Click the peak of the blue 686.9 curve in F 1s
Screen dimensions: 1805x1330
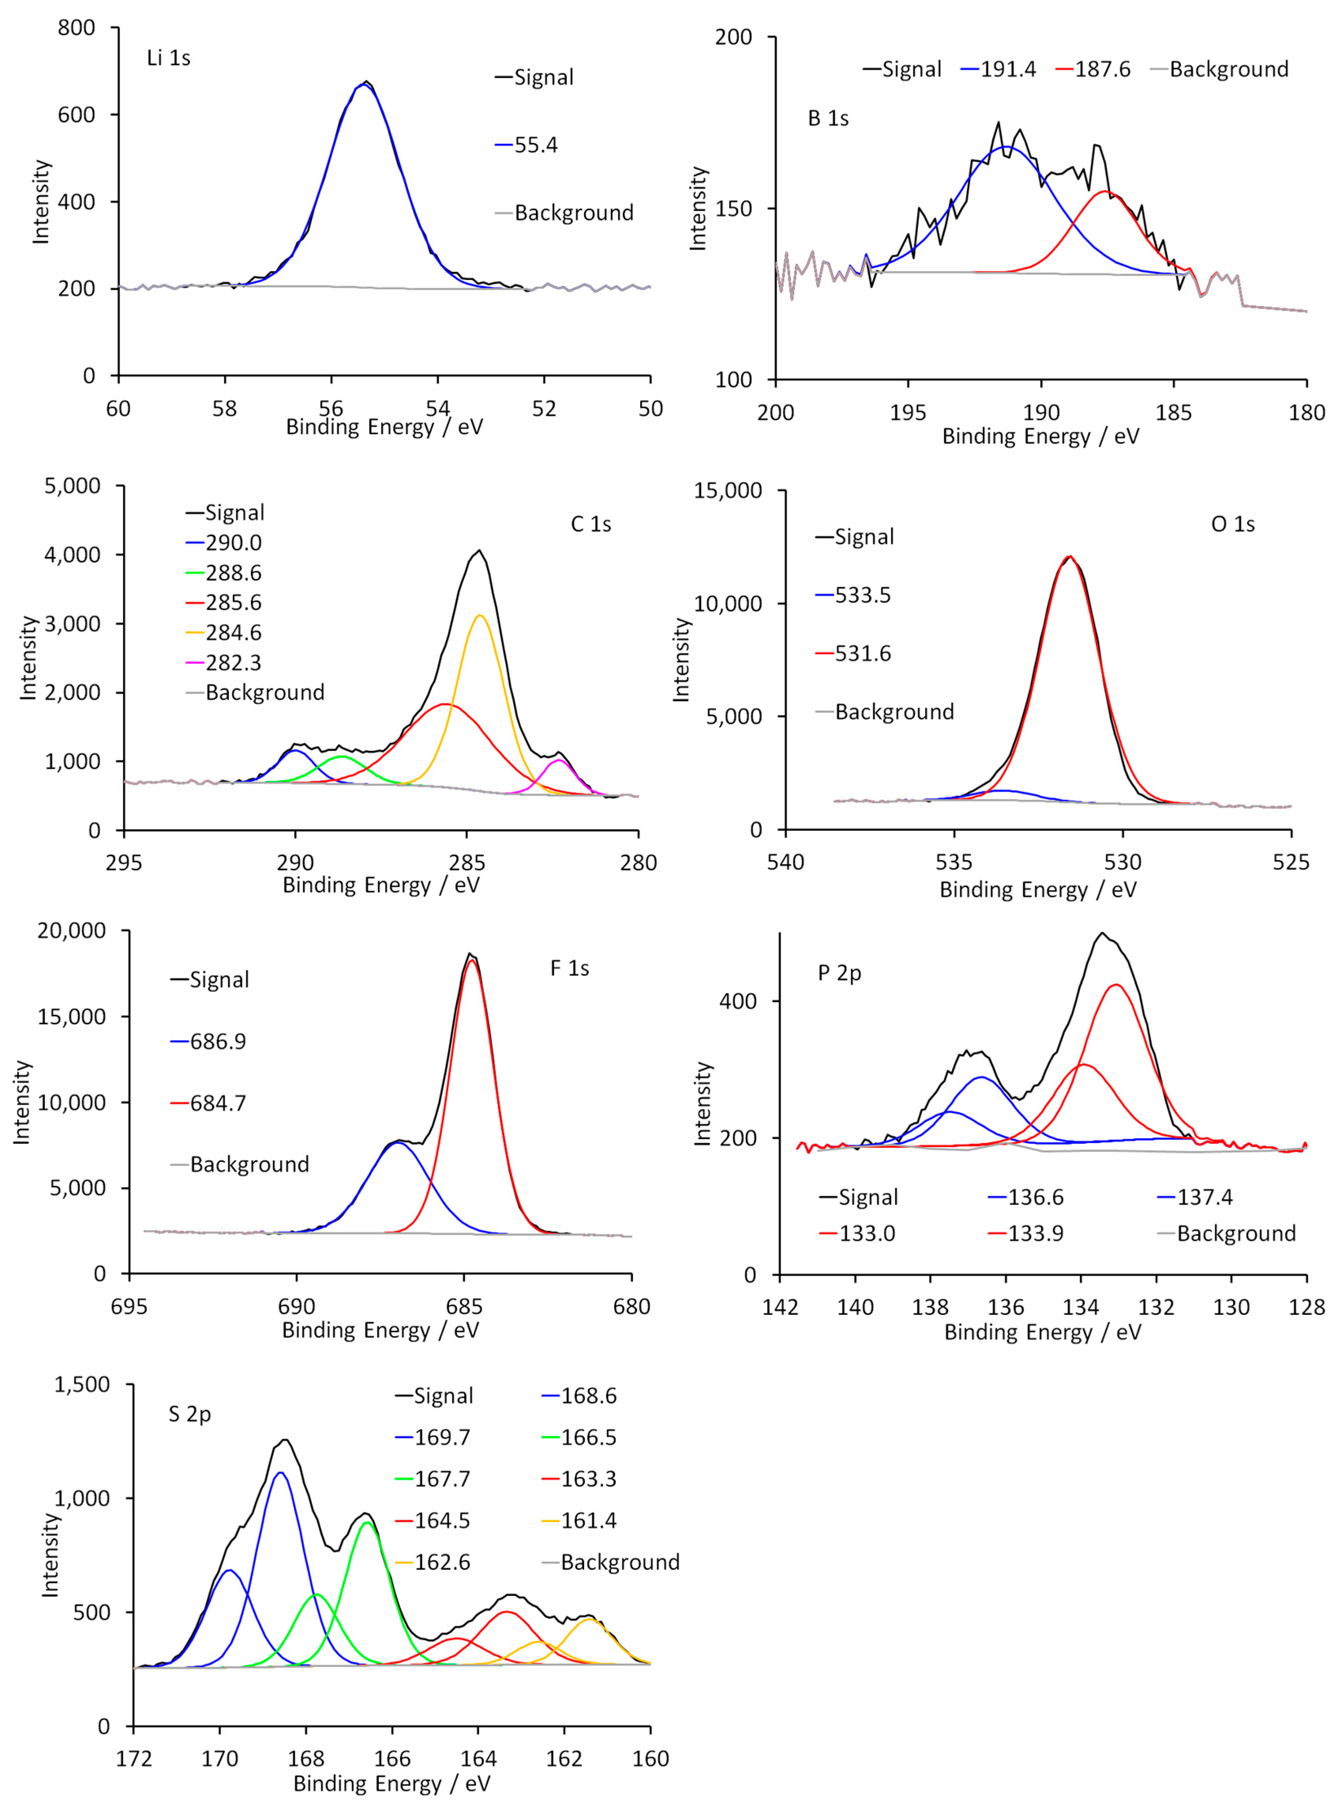point(397,1143)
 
